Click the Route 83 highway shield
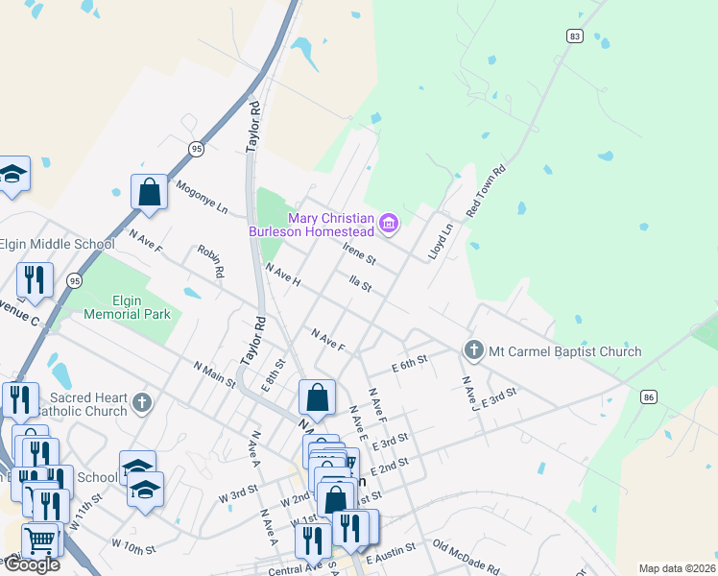click(x=575, y=36)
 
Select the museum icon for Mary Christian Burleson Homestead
click(x=389, y=224)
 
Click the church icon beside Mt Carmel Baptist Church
click(x=472, y=351)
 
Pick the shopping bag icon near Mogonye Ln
click(x=150, y=191)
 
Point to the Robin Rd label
click(x=210, y=259)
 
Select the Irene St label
click(x=359, y=254)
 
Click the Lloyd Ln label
click(x=440, y=241)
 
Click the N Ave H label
click(x=283, y=276)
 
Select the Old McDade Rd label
click(x=466, y=557)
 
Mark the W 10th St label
click(x=133, y=547)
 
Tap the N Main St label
click(x=214, y=373)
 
